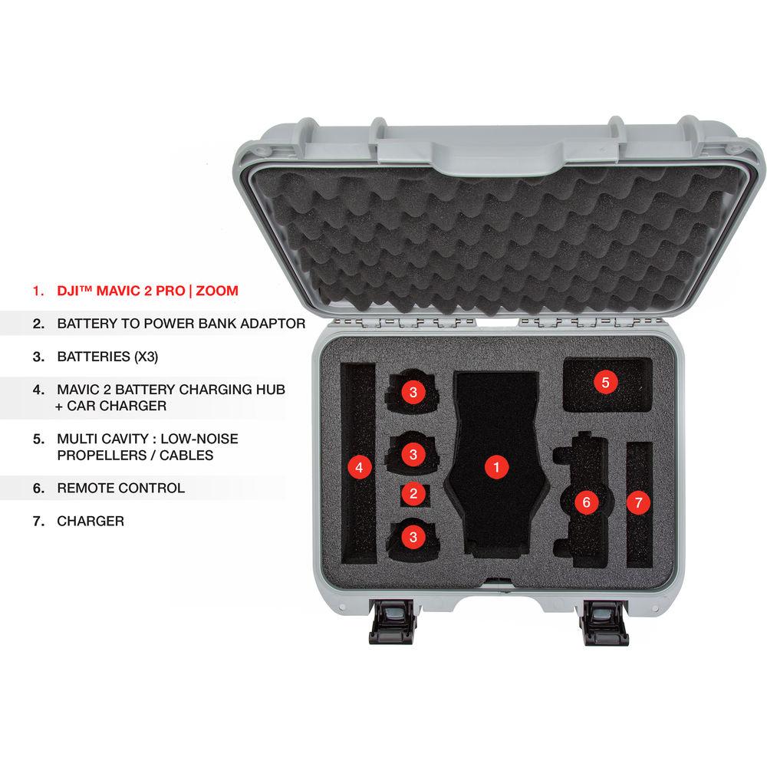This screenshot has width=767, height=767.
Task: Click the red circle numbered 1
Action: [497, 466]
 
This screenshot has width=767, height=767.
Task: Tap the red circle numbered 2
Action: [413, 494]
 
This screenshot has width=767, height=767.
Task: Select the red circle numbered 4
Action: [357, 466]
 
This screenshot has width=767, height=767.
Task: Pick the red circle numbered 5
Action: [605, 381]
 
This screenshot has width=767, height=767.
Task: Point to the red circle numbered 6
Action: [587, 502]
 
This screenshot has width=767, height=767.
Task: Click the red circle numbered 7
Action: [638, 502]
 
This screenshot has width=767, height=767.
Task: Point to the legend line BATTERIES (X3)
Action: [112, 357]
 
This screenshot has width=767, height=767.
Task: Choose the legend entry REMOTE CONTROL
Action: [120, 488]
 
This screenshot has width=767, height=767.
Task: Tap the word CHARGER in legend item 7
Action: [91, 521]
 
